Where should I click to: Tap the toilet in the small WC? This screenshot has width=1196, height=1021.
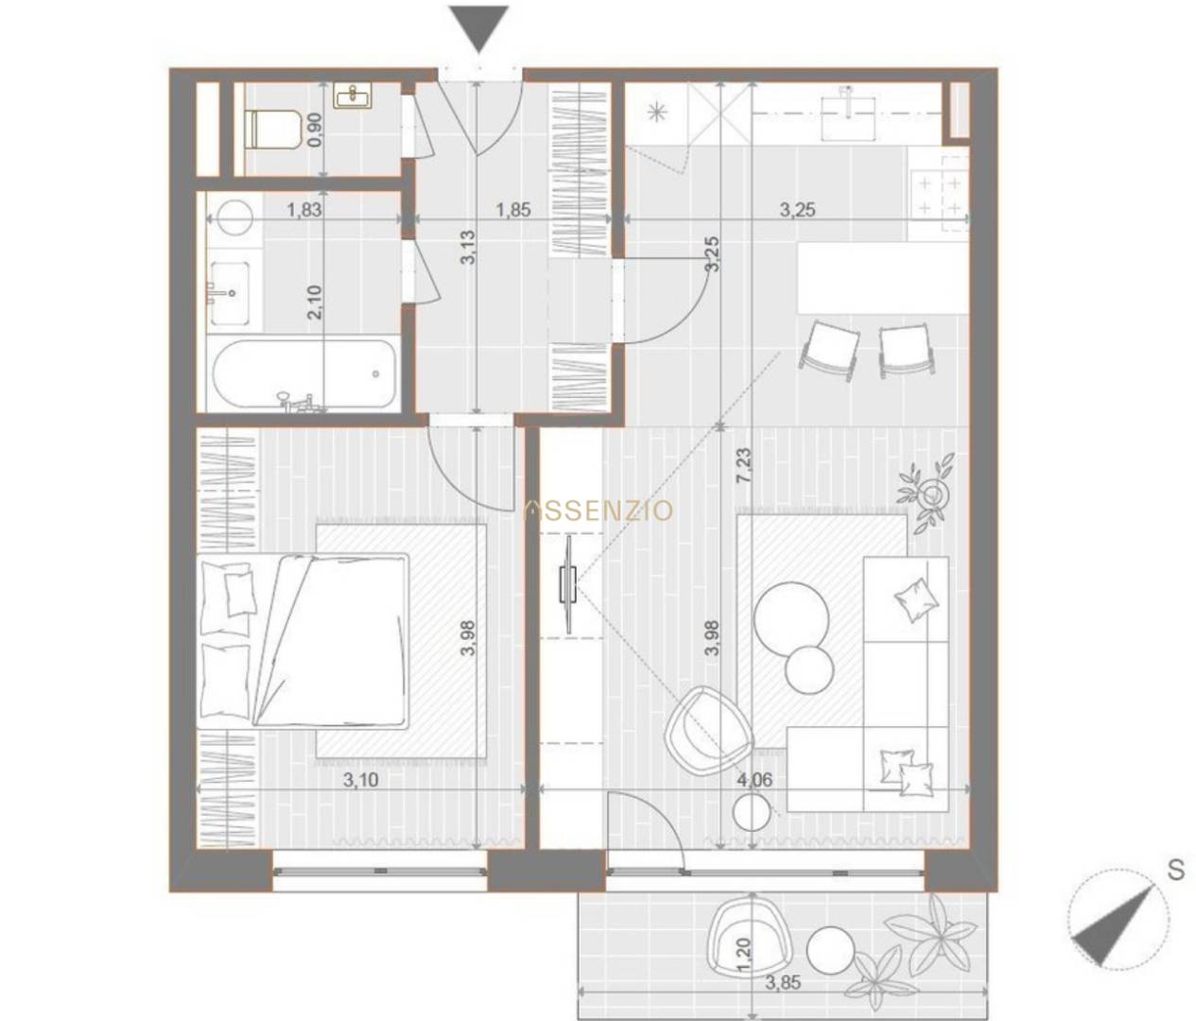tap(272, 130)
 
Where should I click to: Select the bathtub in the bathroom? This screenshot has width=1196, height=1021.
tap(304, 374)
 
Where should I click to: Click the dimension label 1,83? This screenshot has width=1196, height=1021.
tap(304, 209)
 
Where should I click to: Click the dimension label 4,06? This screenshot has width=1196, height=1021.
tap(754, 779)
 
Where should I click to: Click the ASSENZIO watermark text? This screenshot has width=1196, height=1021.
tap(598, 510)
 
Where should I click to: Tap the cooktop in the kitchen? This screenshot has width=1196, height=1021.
tap(939, 196)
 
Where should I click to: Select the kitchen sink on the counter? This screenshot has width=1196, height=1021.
tap(847, 114)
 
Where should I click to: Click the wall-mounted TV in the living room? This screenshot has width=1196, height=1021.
tap(568, 585)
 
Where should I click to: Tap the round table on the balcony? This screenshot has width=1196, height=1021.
tap(830, 950)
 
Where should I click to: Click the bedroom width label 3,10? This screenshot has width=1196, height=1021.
tap(361, 780)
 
